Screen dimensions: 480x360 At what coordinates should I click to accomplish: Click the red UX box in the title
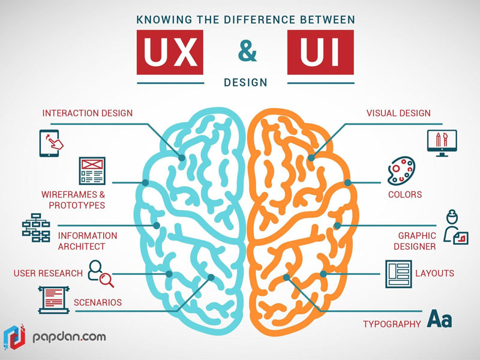point(170,52)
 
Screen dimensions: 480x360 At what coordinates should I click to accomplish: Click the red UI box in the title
point(320,52)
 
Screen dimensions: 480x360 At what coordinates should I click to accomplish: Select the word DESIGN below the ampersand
point(245,82)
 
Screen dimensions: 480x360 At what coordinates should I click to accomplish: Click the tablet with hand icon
point(51,143)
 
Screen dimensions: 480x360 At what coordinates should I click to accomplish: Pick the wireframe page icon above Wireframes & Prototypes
point(92,171)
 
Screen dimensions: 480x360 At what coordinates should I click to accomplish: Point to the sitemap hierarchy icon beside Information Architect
point(36,227)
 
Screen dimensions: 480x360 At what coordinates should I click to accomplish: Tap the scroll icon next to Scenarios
point(54,300)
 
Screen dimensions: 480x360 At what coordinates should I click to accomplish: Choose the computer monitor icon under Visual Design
point(442,143)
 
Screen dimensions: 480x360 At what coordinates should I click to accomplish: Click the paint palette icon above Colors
point(401,171)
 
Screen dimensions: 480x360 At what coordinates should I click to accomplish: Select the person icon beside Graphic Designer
point(455,227)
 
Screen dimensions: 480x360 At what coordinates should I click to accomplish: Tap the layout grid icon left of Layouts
point(398,274)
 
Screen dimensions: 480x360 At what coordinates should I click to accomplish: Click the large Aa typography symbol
point(440,319)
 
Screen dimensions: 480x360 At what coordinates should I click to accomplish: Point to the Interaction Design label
point(88,113)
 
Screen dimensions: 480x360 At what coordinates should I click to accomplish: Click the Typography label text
point(392,324)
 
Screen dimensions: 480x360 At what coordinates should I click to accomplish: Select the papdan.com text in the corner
point(69,337)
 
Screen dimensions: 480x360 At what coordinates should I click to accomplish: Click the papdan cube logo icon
point(14,337)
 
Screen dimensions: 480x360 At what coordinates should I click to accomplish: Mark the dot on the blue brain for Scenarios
point(211,277)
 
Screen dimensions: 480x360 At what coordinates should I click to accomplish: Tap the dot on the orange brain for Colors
point(348,183)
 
